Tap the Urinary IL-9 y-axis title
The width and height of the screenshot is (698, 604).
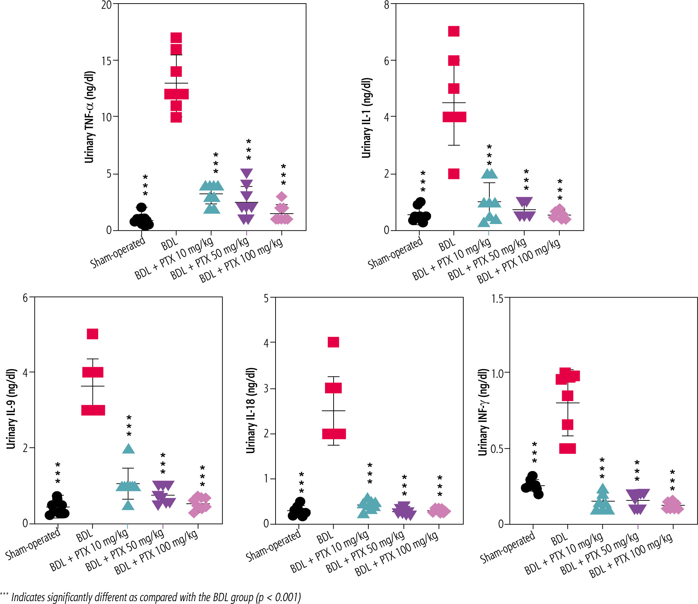tap(11, 409)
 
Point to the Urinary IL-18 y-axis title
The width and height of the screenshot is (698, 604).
tap(251, 410)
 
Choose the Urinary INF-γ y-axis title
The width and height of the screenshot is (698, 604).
tap(483, 412)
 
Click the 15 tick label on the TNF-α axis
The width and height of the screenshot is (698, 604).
tap(106, 61)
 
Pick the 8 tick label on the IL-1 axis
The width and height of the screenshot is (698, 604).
tap(387, 5)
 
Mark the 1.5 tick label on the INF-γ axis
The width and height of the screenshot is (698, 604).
tap(497, 299)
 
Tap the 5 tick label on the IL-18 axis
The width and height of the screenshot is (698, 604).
tap(266, 298)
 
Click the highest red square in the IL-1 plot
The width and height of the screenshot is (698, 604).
tap(454, 32)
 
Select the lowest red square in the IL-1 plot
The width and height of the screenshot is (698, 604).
tap(454, 174)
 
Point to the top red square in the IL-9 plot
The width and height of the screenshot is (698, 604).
tap(92, 334)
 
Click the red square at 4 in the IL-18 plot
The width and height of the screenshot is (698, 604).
tap(333, 342)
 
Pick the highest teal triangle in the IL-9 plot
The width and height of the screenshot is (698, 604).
tap(129, 449)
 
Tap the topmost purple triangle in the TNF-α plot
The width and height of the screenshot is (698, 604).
tap(247, 173)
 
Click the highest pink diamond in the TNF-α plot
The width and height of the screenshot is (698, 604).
tap(282, 196)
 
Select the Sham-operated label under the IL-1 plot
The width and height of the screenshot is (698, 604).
tap(395, 253)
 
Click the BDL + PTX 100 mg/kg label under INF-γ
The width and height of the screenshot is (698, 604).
tap(631, 556)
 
